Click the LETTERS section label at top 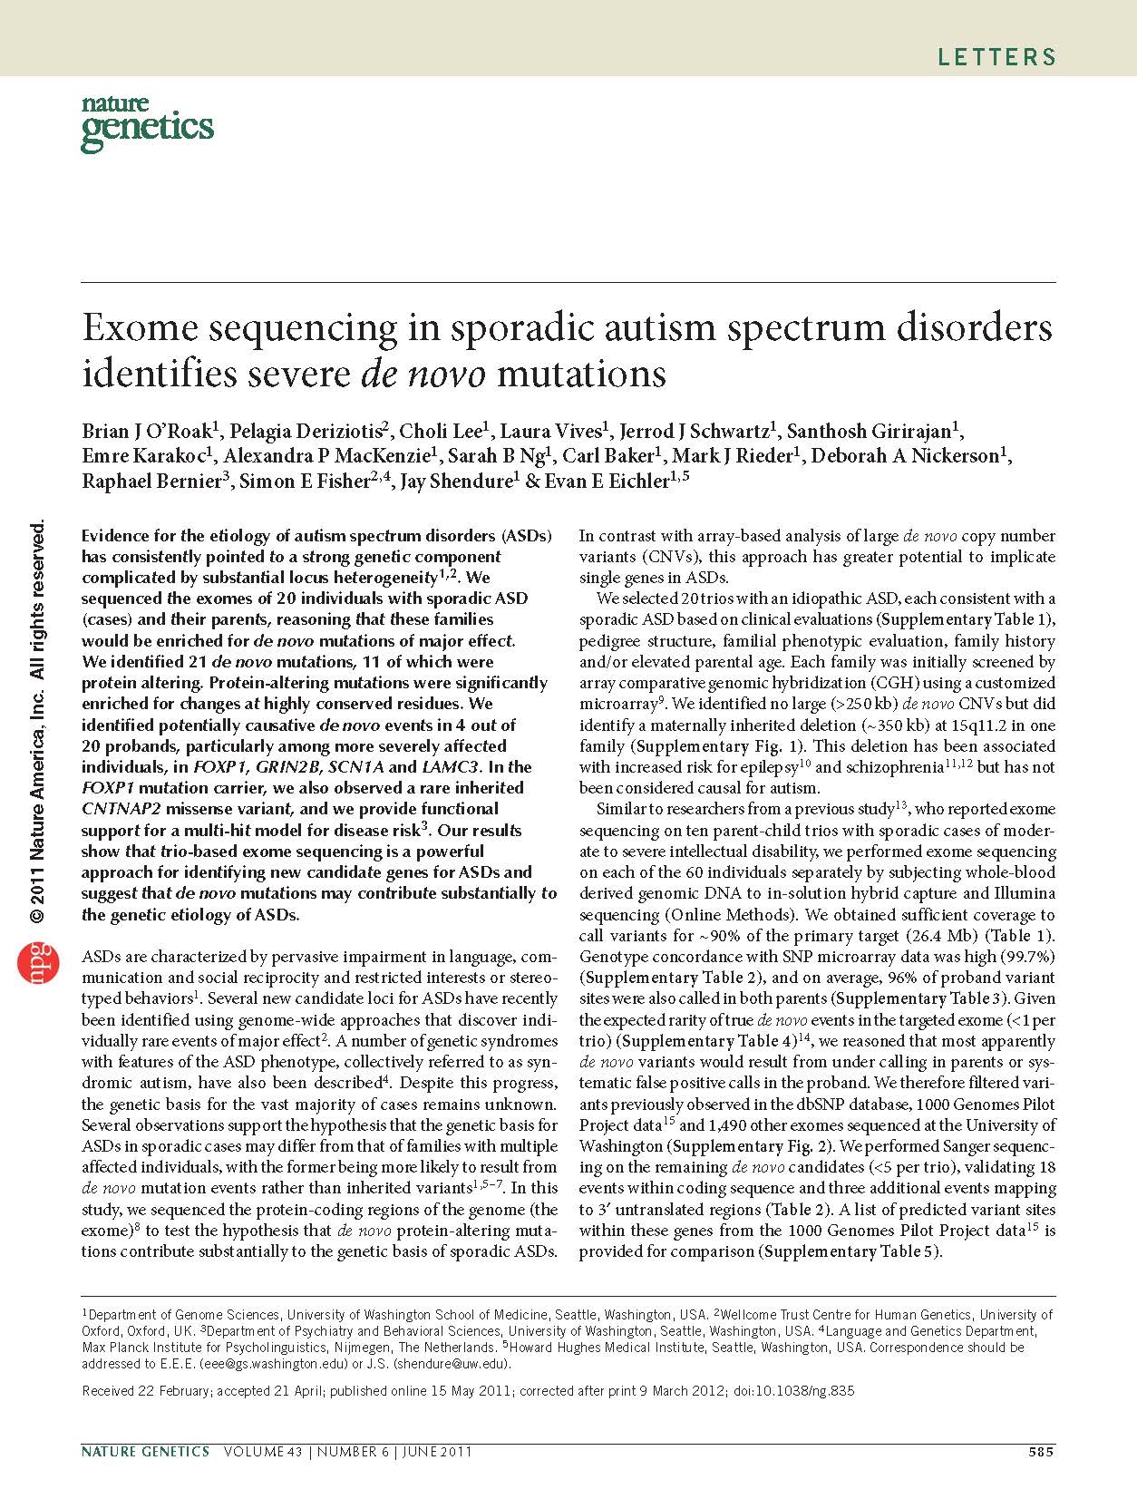[x=996, y=58]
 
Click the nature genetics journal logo [x=147, y=123]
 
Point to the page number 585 [x=1041, y=1452]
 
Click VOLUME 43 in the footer [x=261, y=1452]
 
